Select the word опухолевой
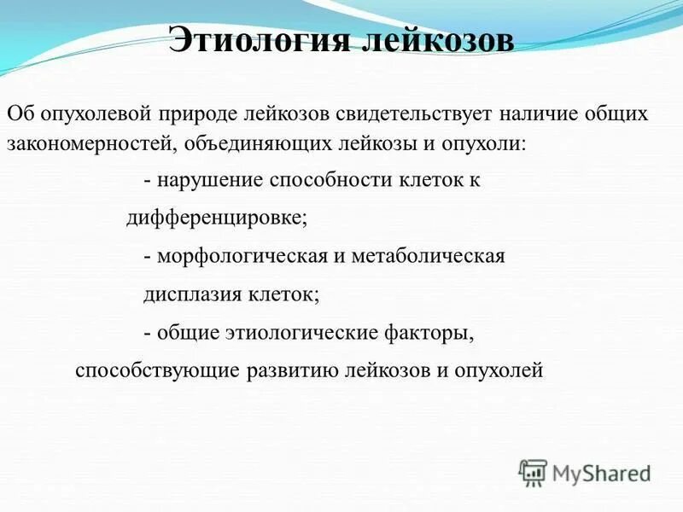(92, 113)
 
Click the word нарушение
(208, 181)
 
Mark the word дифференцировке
(216, 218)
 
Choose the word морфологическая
(236, 256)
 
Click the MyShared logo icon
(533, 472)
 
